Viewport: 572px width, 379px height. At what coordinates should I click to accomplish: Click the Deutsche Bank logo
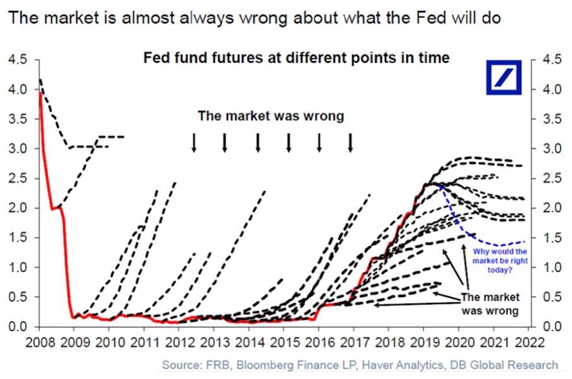504,77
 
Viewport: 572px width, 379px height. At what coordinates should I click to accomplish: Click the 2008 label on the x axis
40,343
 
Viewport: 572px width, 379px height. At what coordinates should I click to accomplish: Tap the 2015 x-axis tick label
285,343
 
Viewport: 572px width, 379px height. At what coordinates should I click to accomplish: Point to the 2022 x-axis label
529,343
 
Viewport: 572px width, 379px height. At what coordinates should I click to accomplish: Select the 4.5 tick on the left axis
18,59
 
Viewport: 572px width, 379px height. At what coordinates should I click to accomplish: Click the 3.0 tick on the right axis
552,149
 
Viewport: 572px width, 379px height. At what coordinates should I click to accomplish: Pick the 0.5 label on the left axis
18,297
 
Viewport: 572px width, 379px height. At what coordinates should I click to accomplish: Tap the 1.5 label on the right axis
552,237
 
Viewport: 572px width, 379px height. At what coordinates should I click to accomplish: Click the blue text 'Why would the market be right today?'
500,261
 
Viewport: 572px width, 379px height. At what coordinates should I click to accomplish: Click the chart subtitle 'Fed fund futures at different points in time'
296,57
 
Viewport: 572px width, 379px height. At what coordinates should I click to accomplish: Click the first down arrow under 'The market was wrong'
194,142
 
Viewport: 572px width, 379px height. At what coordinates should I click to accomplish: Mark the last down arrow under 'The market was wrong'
350,142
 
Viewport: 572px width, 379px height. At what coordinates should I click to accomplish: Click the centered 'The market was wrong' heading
271,116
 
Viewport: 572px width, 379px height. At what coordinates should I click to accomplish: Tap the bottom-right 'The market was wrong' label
490,303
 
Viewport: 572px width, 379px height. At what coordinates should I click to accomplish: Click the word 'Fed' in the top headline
433,18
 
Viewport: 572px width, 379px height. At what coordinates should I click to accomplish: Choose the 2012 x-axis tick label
180,343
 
